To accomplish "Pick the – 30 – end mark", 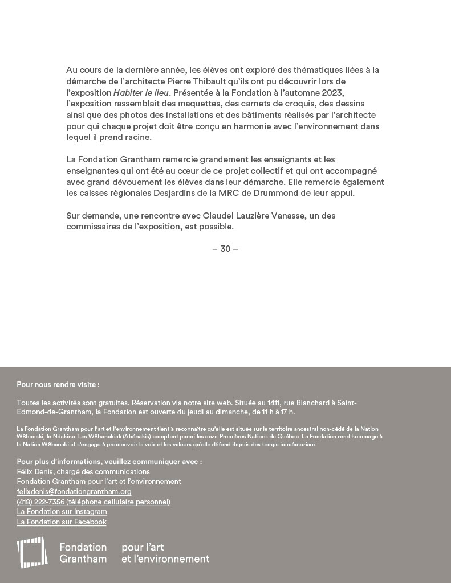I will coord(225,249).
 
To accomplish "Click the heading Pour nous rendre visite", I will coord(58,385).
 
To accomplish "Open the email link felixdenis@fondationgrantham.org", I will coord(74,492).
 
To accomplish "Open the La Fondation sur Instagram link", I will coord(62,512).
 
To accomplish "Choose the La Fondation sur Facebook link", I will coord(62,522).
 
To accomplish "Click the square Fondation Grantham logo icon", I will coord(32,552).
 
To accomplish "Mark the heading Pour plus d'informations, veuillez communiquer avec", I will coord(109,462).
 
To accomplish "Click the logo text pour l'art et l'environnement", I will coord(165,553).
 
